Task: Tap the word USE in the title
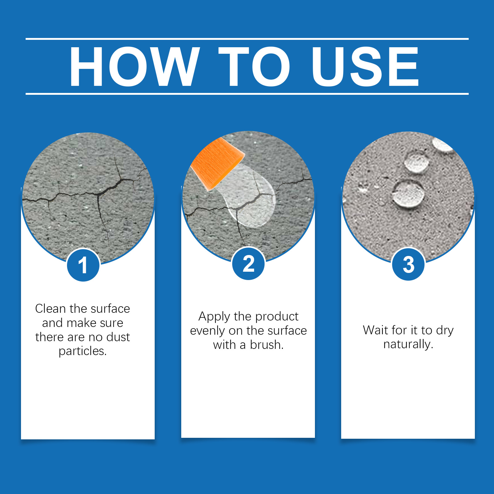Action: [x=365, y=66]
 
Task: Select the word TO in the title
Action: [x=254, y=66]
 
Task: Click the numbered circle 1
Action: [x=83, y=265]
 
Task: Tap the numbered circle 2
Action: [x=249, y=264]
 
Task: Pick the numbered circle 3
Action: [x=408, y=264]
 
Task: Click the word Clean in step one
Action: [x=50, y=308]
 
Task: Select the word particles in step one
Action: [x=83, y=351]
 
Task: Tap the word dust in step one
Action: [x=118, y=337]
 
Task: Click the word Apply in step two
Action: [x=214, y=317]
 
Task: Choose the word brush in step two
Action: [x=267, y=345]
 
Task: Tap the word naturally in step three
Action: [x=408, y=344]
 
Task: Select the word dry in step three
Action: [x=445, y=331]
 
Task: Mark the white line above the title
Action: [x=247, y=39]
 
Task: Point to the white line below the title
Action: [x=247, y=94]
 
